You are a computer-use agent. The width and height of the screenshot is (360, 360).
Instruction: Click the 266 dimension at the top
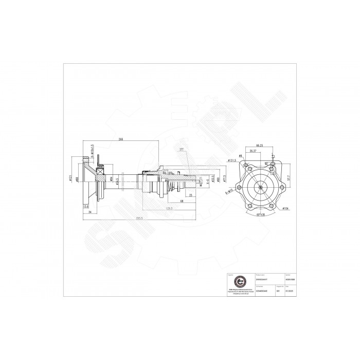120,139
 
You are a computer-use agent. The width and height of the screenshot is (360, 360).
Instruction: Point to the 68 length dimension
182,202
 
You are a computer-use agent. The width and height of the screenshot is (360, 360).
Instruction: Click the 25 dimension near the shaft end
191,195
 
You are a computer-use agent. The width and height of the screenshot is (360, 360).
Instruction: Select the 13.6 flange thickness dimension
85,206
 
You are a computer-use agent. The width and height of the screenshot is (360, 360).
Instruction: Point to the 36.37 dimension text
253,151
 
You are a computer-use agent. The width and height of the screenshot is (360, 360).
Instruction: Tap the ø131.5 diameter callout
232,160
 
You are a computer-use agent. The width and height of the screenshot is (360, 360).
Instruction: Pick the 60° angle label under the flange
260,214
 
